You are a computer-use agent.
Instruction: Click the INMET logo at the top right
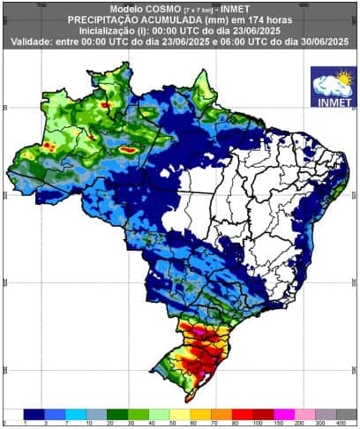[334, 87]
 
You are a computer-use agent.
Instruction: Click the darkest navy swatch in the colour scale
[34, 413]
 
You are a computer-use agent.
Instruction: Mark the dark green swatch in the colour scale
[117, 413]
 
